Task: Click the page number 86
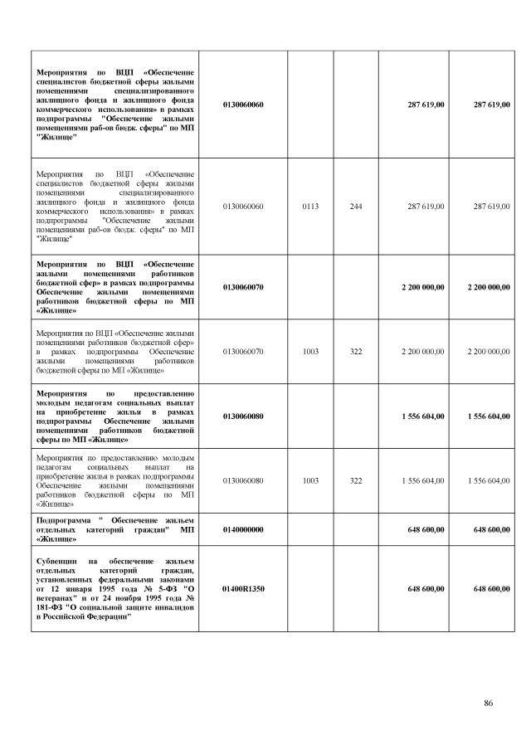click(489, 704)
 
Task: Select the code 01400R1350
click(243, 588)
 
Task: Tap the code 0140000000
click(243, 528)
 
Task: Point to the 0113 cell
click(310, 206)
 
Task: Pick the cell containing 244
click(356, 206)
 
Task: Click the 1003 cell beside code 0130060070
click(310, 352)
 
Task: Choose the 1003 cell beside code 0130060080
click(310, 480)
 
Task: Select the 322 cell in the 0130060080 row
click(356, 480)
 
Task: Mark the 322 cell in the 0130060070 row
click(356, 352)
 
